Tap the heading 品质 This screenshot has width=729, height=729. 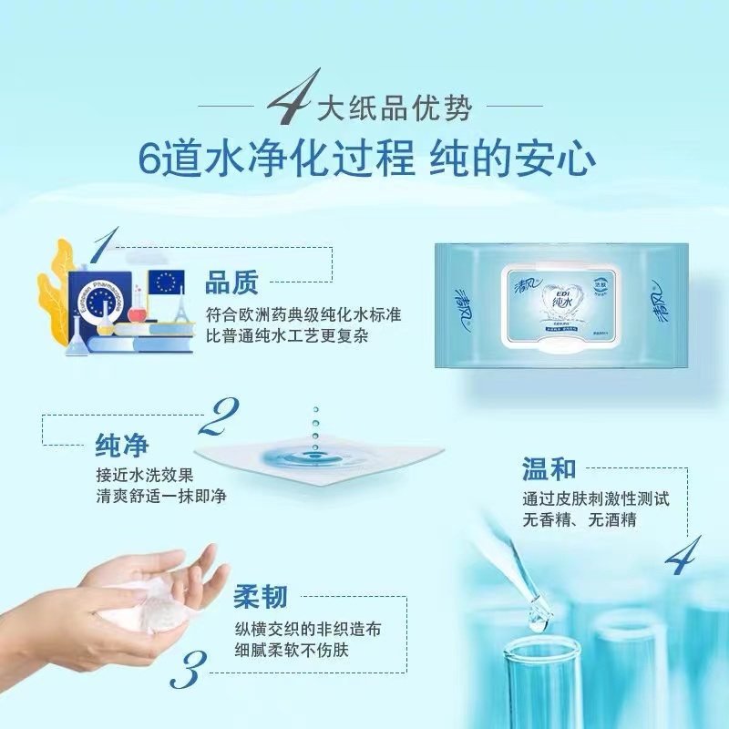(x=232, y=283)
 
